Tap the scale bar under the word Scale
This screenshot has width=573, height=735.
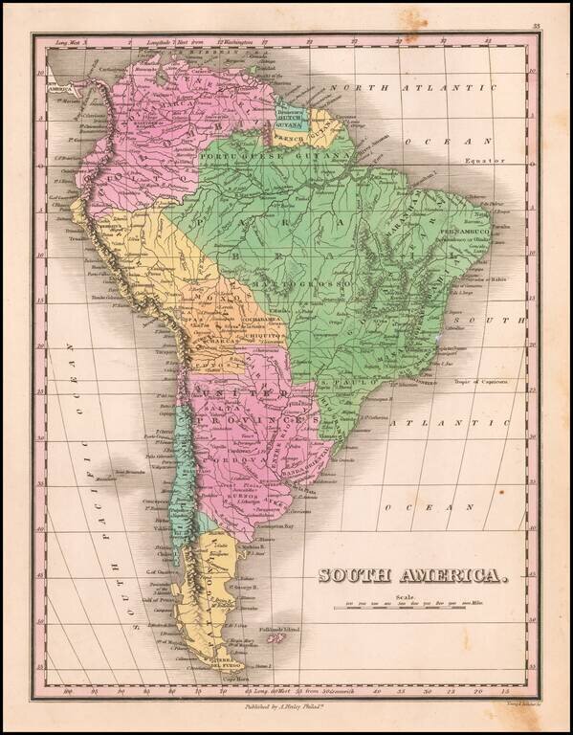[x=408, y=605]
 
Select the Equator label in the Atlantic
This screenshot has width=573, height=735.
[x=484, y=161]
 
